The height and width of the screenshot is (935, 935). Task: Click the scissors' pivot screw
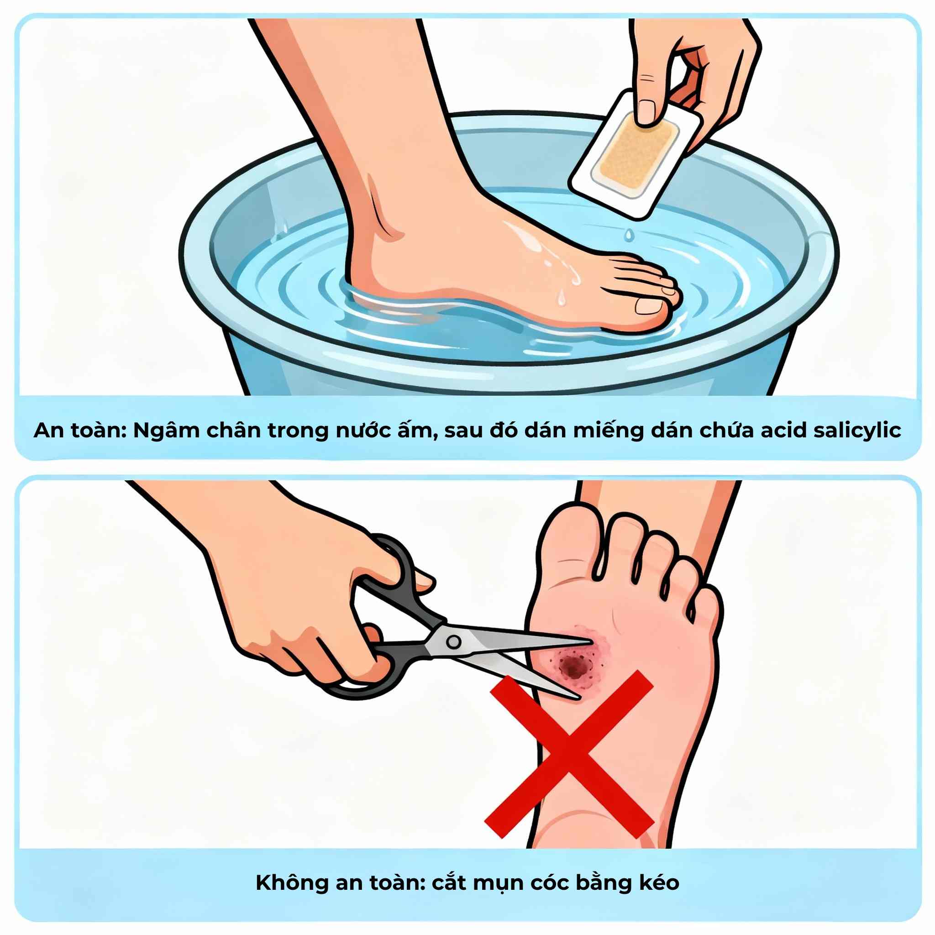(453, 642)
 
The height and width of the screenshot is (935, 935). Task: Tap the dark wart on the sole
(574, 668)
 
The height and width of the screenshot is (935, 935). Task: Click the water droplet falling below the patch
(628, 235)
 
